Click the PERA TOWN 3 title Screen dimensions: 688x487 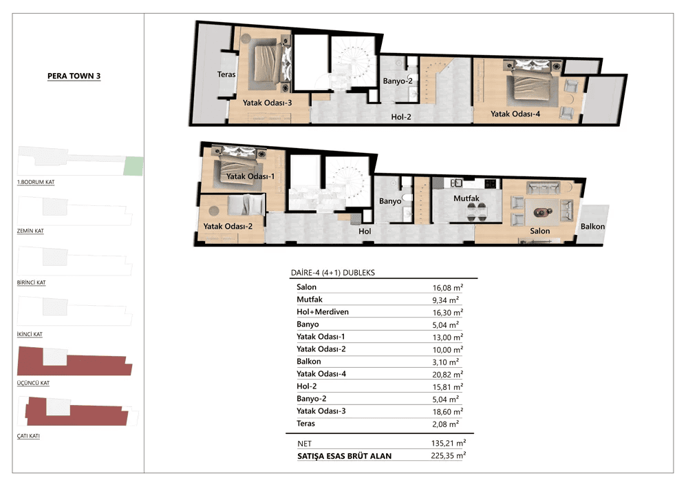[74, 76]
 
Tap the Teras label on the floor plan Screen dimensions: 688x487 [226, 74]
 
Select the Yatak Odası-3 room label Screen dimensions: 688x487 [267, 103]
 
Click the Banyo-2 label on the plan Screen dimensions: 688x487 [398, 81]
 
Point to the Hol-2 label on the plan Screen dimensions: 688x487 [401, 117]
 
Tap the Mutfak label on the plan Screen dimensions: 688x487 [466, 198]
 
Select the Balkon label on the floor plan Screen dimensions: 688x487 [592, 227]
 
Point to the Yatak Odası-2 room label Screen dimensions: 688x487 [228, 227]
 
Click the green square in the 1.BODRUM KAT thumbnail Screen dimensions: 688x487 [133, 166]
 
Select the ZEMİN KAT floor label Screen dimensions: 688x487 [30, 231]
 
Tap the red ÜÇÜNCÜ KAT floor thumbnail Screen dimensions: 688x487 [74, 362]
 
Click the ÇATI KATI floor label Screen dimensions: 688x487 [28, 436]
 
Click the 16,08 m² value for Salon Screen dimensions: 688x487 [448, 288]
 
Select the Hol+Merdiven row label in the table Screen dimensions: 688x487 [323, 312]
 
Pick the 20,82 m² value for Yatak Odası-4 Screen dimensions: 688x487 [448, 375]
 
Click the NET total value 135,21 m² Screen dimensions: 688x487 [449, 444]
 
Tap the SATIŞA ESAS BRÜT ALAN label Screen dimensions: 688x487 [345, 456]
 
